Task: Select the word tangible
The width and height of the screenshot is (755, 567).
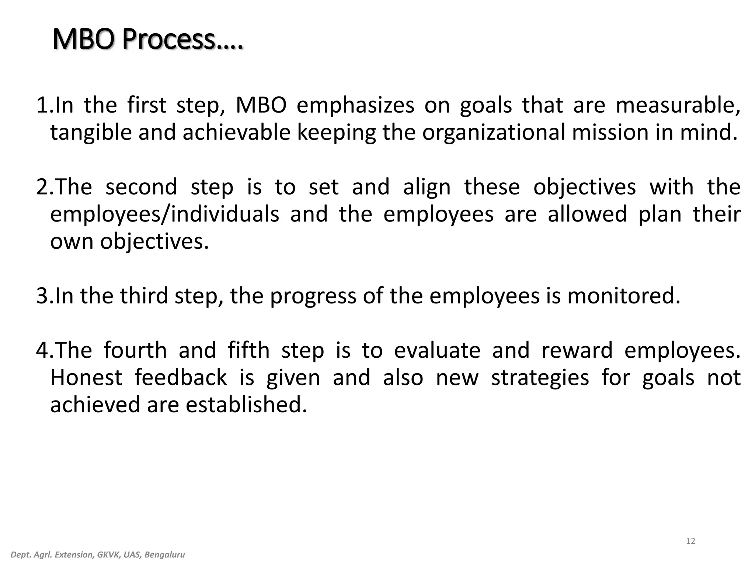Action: coord(91,133)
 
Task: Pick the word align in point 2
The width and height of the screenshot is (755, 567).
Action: coord(427,187)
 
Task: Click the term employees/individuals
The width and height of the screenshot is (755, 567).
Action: coord(164,214)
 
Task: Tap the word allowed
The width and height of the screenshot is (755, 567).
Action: coord(587,214)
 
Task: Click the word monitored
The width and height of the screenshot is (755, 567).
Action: coord(623,296)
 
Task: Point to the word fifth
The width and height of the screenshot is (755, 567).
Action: coord(248,350)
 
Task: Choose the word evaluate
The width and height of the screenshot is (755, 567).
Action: coord(437,350)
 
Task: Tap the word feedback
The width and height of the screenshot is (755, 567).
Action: coord(180,378)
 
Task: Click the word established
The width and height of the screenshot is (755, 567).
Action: coord(246,405)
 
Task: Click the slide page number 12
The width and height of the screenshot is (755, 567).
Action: coord(690,541)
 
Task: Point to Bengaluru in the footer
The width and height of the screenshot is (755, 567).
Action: coord(164,555)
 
